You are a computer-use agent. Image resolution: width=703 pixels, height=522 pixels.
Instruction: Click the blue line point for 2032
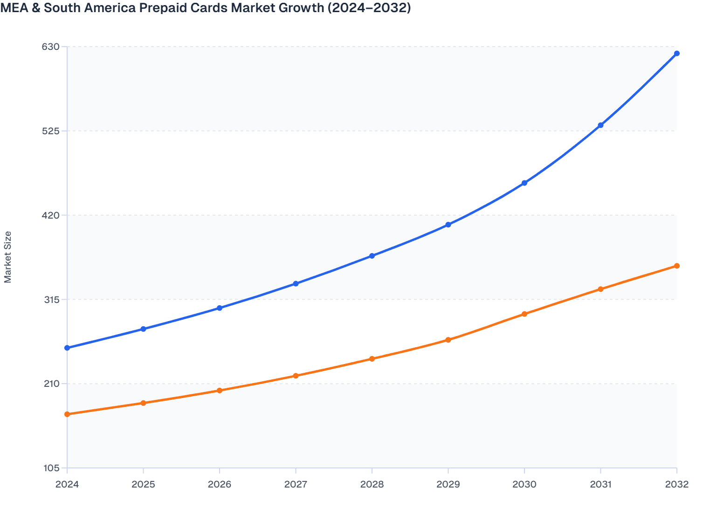[x=676, y=54]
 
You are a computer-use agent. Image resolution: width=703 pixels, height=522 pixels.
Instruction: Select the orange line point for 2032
[x=676, y=266]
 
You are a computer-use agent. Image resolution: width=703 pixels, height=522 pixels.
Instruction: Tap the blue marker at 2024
[x=67, y=348]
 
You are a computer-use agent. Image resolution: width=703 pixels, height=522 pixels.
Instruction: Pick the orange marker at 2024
[x=67, y=414]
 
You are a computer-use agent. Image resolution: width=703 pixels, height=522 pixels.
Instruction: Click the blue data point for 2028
[x=372, y=256]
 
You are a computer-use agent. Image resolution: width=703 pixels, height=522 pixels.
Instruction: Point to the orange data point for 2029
[x=448, y=340]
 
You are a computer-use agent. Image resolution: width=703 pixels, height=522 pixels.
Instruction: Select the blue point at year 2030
[x=524, y=183]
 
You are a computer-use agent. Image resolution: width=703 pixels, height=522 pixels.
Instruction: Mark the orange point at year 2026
[x=220, y=390]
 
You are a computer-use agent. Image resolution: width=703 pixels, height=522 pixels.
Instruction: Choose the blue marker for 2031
[x=600, y=125]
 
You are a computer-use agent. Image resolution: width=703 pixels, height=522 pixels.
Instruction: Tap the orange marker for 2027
[x=296, y=376]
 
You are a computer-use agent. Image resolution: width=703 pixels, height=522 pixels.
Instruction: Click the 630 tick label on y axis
[x=51, y=47]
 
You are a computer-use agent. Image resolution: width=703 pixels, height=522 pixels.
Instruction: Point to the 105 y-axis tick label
[x=51, y=468]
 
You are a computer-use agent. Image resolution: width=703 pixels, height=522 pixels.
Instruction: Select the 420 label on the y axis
[x=51, y=215]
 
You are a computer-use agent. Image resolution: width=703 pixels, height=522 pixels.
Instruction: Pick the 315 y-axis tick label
[x=51, y=300]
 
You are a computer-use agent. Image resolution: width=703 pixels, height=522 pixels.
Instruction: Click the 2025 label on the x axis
[x=143, y=484]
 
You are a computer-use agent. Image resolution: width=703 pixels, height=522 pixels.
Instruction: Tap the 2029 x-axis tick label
[x=448, y=484]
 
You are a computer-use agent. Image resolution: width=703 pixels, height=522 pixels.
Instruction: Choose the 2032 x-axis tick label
[x=676, y=484]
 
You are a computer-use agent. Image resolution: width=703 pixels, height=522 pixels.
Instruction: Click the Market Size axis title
[x=8, y=257]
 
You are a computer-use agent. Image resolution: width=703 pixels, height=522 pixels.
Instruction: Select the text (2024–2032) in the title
[x=369, y=8]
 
